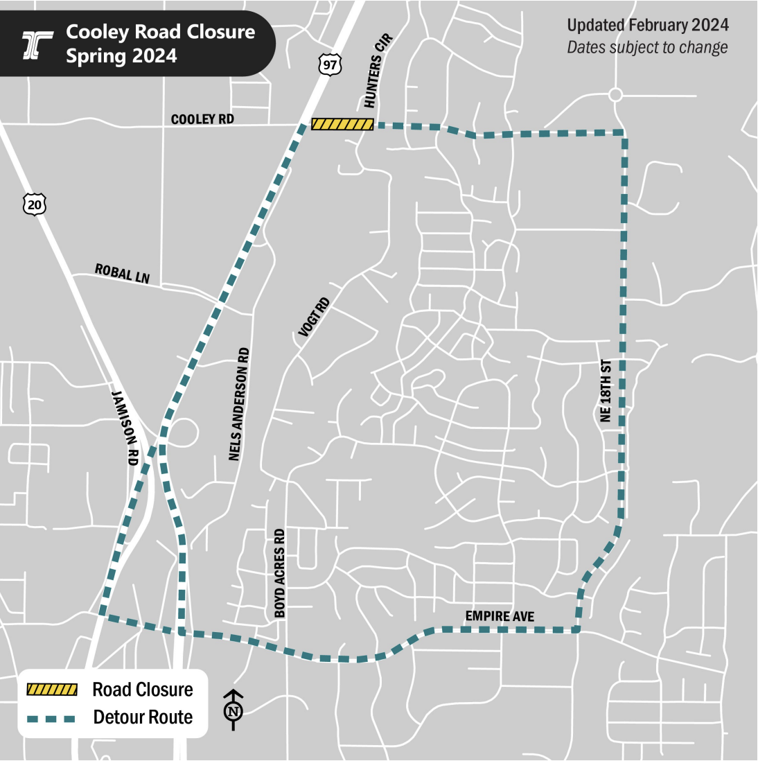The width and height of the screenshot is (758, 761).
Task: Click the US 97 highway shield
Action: tap(330, 64)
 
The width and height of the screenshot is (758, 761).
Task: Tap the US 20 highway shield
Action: tap(35, 204)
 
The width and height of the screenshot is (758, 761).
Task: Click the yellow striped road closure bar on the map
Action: tap(342, 124)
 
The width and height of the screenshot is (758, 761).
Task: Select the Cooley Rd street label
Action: tap(202, 119)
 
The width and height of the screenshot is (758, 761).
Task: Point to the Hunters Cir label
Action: tap(378, 71)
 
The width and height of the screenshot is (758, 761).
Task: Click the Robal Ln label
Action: tap(123, 273)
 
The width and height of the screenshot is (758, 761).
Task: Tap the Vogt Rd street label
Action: tap(314, 317)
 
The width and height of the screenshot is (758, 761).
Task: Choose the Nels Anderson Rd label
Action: tap(239, 404)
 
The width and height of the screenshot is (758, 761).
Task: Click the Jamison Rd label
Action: tap(125, 427)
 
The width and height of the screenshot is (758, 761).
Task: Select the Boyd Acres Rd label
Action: tap(279, 573)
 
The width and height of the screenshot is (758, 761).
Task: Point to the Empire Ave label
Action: tap(500, 616)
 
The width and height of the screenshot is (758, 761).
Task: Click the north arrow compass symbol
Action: tap(233, 710)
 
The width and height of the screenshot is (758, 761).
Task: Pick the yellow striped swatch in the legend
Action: tap(51, 690)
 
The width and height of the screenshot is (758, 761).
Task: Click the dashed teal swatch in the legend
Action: tap(51, 717)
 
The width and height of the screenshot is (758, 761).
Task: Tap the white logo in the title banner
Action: tap(37, 44)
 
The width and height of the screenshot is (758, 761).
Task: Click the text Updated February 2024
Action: tap(648, 26)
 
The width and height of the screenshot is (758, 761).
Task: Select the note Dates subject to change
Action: tap(647, 48)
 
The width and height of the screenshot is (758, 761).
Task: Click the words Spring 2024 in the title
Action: tap(121, 55)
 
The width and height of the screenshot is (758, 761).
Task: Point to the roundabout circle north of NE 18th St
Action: tap(615, 95)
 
